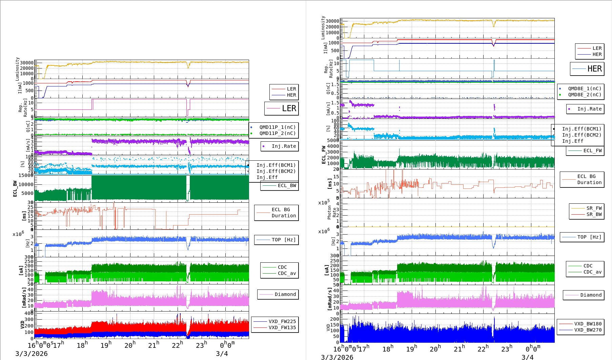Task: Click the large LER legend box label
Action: click(289, 108)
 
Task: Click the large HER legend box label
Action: click(594, 69)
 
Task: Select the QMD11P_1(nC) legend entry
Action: click(277, 127)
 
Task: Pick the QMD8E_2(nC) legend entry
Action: click(584, 95)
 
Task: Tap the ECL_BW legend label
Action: click(287, 185)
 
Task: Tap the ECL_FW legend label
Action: click(592, 151)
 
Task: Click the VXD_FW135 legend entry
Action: click(282, 327)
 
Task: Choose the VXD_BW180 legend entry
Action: click(588, 324)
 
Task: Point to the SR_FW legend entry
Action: click(594, 208)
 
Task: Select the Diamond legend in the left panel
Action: click(285, 294)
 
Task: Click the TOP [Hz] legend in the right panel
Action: click(589, 237)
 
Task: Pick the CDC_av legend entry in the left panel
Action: click(287, 273)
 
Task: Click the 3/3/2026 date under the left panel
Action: click(32, 354)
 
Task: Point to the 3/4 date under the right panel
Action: click(527, 357)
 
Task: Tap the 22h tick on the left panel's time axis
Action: click(177, 345)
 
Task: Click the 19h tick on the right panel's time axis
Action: click(411, 349)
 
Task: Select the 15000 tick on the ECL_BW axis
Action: click(26, 175)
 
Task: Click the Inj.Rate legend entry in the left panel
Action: click(284, 146)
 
